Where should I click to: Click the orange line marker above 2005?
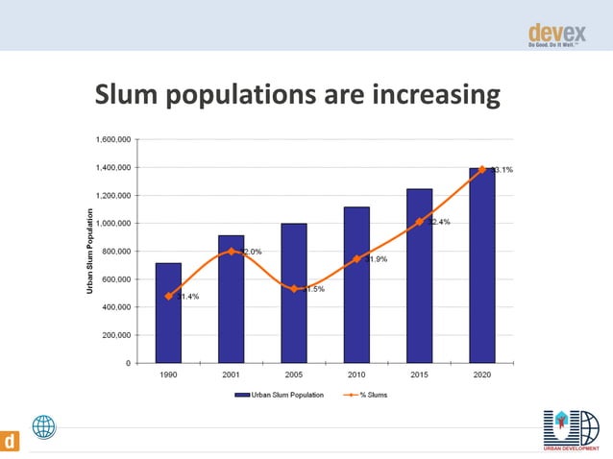(294, 289)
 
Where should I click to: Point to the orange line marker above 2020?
(481, 169)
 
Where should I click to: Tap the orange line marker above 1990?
(168, 296)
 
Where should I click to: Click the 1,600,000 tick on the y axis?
(113, 139)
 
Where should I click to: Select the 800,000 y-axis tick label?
(117, 252)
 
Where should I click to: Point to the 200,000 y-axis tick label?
(117, 336)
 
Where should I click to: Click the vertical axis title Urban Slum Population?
(89, 252)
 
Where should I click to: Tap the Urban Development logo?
(569, 430)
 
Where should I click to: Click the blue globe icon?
(44, 427)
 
